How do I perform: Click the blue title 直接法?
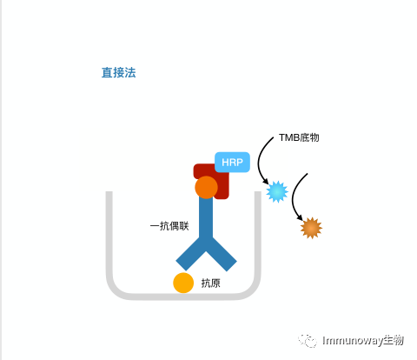click(x=118, y=72)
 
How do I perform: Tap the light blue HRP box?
click(x=232, y=162)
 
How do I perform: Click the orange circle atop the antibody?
click(x=206, y=187)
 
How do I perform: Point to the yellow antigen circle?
click(x=183, y=283)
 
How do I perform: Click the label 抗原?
click(x=211, y=283)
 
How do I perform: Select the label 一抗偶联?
click(x=169, y=226)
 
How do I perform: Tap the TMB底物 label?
click(x=299, y=137)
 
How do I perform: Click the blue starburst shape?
click(x=277, y=191)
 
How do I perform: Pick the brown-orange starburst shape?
click(x=311, y=228)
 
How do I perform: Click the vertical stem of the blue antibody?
click(x=206, y=217)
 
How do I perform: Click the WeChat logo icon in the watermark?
click(x=308, y=340)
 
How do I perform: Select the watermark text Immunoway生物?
click(x=363, y=340)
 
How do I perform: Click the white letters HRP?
click(x=232, y=163)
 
